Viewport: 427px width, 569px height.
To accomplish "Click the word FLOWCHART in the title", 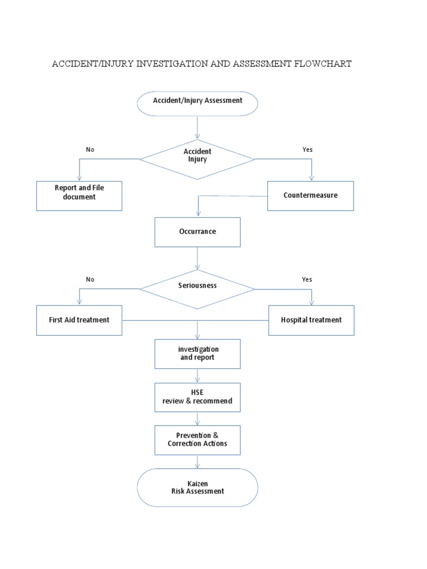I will [321, 64].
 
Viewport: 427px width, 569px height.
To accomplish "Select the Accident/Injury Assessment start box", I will [197, 103].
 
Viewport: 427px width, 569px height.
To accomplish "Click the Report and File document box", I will [79, 196].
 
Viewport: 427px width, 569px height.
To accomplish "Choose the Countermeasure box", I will [310, 196].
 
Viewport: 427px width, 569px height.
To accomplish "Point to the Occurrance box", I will [197, 232].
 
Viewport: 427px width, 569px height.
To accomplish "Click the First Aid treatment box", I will [79, 320].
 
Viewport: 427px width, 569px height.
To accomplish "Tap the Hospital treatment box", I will [311, 320].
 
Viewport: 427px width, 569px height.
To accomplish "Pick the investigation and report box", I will [197, 353].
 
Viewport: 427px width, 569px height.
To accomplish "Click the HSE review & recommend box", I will [197, 397].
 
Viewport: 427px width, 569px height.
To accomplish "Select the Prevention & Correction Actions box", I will [197, 440].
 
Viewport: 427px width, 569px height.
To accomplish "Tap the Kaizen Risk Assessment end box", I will [197, 487].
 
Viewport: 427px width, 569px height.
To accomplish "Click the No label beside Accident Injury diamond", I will [90, 149].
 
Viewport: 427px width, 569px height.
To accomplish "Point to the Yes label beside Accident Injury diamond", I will [307, 149].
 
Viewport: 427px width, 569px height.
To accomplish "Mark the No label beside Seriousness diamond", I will [90, 279].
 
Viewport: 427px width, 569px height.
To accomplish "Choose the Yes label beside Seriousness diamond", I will [307, 279].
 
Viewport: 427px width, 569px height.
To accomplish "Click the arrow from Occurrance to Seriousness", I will [197, 258].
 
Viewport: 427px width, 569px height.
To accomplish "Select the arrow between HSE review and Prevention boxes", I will [197, 418].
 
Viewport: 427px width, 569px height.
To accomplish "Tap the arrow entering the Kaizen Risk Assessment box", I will [197, 462].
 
